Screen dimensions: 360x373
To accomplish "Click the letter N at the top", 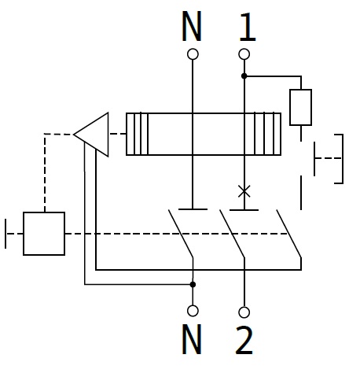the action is (x=192, y=26).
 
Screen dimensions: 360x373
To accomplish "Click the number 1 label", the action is (x=247, y=27).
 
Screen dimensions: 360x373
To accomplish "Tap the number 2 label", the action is (x=244, y=340).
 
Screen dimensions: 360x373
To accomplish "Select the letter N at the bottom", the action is (x=192, y=339).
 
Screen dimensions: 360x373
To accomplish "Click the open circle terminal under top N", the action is (x=193, y=54).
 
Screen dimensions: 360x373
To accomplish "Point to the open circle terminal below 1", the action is (x=244, y=54).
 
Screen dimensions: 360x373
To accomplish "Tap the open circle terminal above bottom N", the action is (x=193, y=311).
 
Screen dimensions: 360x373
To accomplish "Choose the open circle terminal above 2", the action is (x=244, y=312).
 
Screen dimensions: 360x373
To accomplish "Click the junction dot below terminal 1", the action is (x=244, y=76).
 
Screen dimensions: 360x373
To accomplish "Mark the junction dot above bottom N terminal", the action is (x=193, y=284).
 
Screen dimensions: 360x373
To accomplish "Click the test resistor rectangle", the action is (x=301, y=107).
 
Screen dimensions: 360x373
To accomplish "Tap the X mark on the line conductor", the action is (x=244, y=191).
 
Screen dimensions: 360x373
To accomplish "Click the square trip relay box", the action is (x=44, y=234).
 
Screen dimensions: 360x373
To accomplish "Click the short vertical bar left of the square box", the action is (x=6, y=234).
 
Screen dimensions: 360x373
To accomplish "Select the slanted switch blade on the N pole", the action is (x=181, y=234).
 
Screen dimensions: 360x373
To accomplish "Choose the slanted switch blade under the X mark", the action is (x=232, y=234).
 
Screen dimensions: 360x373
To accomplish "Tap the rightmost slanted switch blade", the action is (x=289, y=234).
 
